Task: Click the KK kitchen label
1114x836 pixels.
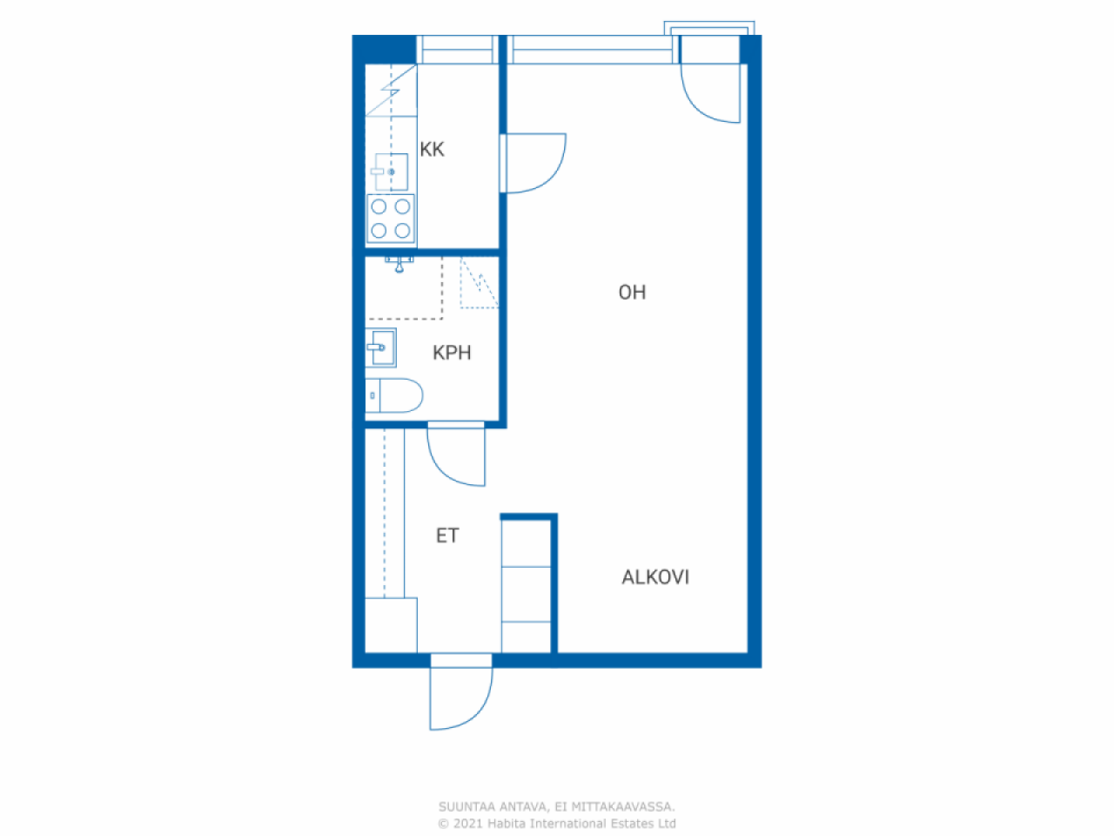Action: click(x=432, y=149)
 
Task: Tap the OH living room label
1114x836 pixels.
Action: click(x=632, y=293)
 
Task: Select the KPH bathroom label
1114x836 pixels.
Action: click(x=452, y=353)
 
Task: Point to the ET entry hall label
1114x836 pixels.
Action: click(x=447, y=536)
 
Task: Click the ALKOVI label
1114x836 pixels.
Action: click(x=655, y=577)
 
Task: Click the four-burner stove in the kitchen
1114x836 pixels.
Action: click(x=390, y=219)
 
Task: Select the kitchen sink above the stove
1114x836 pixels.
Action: click(x=389, y=172)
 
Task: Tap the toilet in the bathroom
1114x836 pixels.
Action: click(x=394, y=395)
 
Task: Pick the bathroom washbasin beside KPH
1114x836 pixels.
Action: click(x=380, y=347)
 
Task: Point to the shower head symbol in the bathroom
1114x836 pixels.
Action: click(x=399, y=265)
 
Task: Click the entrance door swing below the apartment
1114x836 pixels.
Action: click(x=460, y=698)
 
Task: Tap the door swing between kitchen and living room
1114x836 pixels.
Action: click(x=534, y=163)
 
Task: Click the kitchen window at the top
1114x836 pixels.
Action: click(x=458, y=50)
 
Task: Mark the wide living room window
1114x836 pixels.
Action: click(x=593, y=50)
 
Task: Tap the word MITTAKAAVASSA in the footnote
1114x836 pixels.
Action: click(x=623, y=806)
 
